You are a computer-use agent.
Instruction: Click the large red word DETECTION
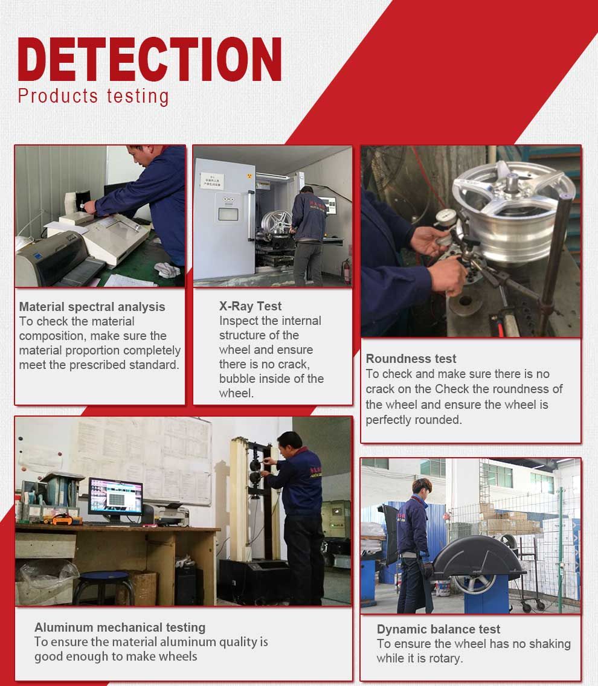pyautogui.click(x=149, y=59)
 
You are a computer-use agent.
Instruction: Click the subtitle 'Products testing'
pyautogui.click(x=93, y=96)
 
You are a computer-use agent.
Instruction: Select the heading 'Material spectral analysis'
pyautogui.click(x=92, y=307)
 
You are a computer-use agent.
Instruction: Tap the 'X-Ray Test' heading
pyautogui.click(x=251, y=306)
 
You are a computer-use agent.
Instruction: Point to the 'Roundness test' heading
pyautogui.click(x=411, y=359)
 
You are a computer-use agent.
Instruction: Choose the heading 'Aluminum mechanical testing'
pyautogui.click(x=120, y=627)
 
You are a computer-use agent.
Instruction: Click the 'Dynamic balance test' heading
pyautogui.click(x=439, y=629)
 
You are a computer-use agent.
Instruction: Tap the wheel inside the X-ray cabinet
pyautogui.click(x=277, y=223)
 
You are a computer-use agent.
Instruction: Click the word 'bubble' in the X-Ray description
pyautogui.click(x=239, y=379)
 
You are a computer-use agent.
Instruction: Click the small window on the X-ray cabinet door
pyautogui.click(x=228, y=214)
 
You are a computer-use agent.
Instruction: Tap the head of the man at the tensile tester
pyautogui.click(x=290, y=444)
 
